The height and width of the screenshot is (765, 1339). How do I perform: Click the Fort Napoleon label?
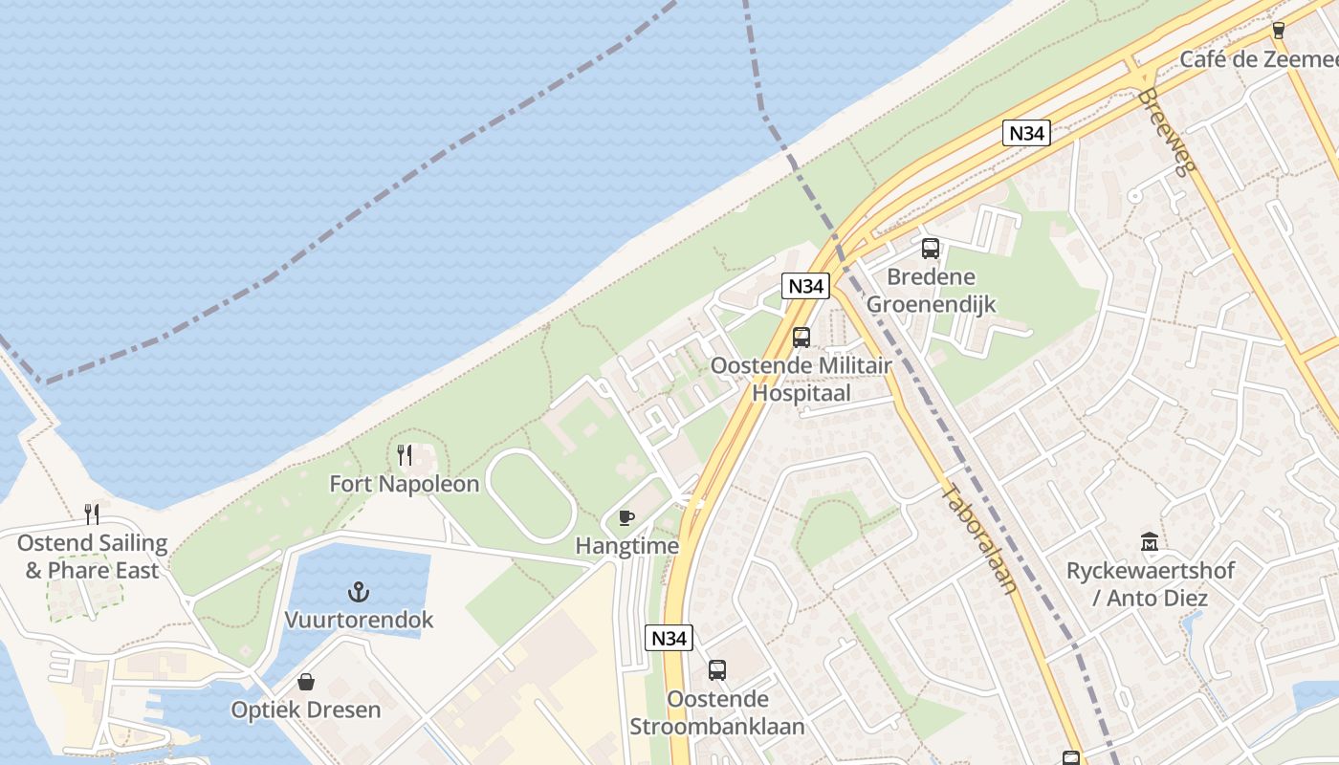(404, 484)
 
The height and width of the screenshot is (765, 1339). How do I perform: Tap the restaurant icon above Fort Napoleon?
(405, 455)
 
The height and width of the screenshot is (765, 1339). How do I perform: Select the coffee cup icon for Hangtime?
(626, 518)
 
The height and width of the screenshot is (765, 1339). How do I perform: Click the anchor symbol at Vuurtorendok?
(359, 592)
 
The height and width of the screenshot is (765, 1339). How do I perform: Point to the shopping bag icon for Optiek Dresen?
(306, 682)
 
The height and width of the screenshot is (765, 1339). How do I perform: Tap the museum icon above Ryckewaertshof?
(1150, 542)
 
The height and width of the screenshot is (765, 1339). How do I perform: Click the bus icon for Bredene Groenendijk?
(931, 249)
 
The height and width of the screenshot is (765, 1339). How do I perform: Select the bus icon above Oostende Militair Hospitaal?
(801, 338)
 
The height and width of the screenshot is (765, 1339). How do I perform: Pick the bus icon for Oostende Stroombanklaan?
(717, 670)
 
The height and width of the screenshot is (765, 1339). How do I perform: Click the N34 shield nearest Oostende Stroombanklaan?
(669, 638)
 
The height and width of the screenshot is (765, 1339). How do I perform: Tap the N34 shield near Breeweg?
(1026, 133)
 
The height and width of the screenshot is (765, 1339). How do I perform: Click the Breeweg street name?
(1168, 132)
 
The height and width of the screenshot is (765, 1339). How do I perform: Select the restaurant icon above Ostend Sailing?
(92, 514)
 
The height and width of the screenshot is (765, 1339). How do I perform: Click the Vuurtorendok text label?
(359, 620)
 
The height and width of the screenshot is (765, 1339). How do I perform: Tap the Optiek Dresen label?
(306, 710)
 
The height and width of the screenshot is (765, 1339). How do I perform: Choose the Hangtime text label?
(626, 546)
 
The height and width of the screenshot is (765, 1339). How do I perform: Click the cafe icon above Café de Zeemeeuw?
(1279, 31)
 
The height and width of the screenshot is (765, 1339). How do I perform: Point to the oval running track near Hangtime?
(530, 495)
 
